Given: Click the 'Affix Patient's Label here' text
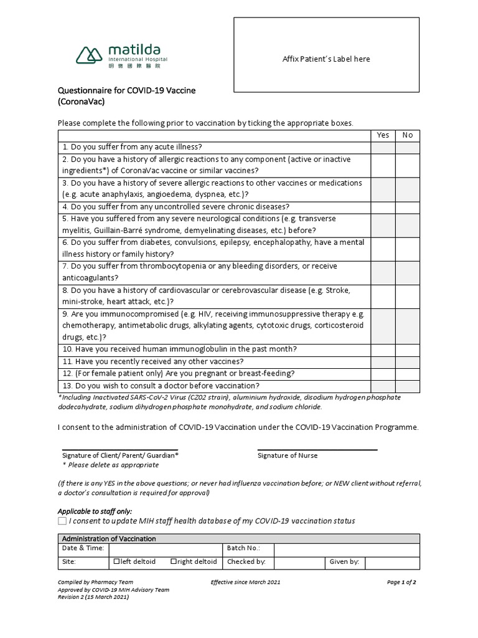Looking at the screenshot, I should tap(326, 59).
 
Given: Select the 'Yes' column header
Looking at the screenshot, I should tap(383, 135).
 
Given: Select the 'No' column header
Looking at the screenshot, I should tap(407, 135).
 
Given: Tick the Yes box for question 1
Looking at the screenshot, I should tap(383, 147).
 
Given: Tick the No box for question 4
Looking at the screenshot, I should tap(407, 207).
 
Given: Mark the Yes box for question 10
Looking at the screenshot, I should tap(383, 349).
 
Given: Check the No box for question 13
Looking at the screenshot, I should tap(407, 386).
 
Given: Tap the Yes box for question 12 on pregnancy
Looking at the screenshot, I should tap(383, 374).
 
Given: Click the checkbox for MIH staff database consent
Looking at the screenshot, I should tap(62, 521).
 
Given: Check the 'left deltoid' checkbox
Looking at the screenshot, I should tap(116, 561).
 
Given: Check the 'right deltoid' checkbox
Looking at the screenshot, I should tap(174, 561).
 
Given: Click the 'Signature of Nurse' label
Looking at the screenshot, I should tap(288, 455).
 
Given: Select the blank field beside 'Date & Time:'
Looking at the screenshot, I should tap(166, 549).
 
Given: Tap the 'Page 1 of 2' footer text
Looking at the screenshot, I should tap(401, 582).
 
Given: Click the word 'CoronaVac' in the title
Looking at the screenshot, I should tap(82, 102).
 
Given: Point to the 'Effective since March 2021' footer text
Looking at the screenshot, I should tap(246, 582).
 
